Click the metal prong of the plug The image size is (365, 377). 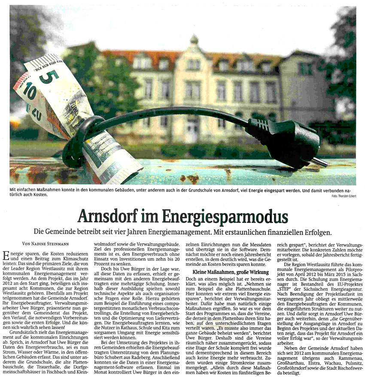(x=319, y=162)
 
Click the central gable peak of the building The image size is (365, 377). (x=194, y=41)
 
